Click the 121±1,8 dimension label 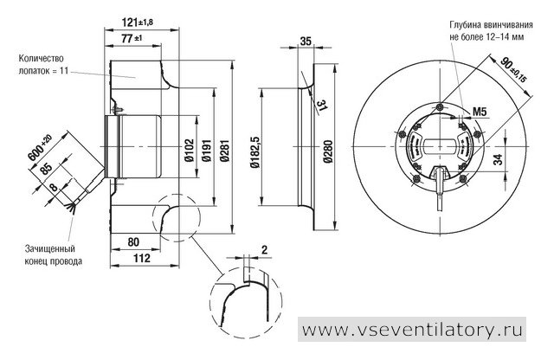point(138,22)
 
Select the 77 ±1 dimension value point(132,38)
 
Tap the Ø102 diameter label point(189,151)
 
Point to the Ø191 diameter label point(207,151)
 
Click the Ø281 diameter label point(224,151)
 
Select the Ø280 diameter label point(328,151)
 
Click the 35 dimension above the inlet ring point(306,42)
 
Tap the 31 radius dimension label point(321,106)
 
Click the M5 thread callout point(480,112)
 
